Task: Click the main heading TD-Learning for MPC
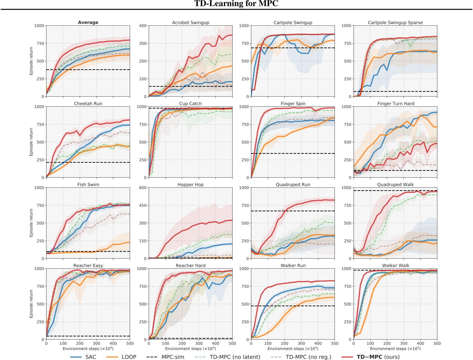point(236,4)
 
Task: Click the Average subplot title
point(88,22)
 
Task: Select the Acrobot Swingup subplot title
point(191,23)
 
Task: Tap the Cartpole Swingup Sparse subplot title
point(395,23)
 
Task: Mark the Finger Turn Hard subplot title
point(396,104)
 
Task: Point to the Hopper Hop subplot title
point(191,185)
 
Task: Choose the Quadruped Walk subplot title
point(395,185)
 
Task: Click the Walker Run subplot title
point(293,266)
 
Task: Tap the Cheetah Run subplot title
point(88,104)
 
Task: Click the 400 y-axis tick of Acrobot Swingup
point(143,26)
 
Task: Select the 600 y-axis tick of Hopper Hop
point(143,188)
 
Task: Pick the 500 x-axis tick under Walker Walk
point(437,344)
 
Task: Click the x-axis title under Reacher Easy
point(88,349)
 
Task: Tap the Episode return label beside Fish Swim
point(31,223)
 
